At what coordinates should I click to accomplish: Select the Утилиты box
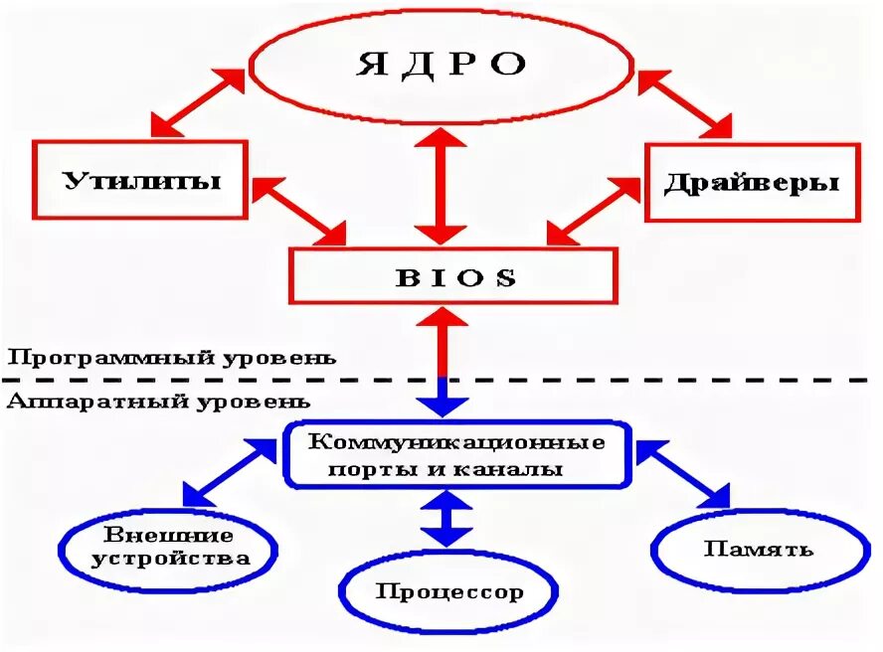click(x=141, y=180)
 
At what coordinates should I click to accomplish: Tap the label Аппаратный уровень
click(x=159, y=403)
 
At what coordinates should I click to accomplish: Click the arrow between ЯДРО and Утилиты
click(x=199, y=102)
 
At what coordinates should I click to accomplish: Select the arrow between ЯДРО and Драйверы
click(x=685, y=102)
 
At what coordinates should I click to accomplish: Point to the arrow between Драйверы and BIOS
click(x=595, y=211)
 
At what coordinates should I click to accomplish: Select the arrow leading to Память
click(x=683, y=475)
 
